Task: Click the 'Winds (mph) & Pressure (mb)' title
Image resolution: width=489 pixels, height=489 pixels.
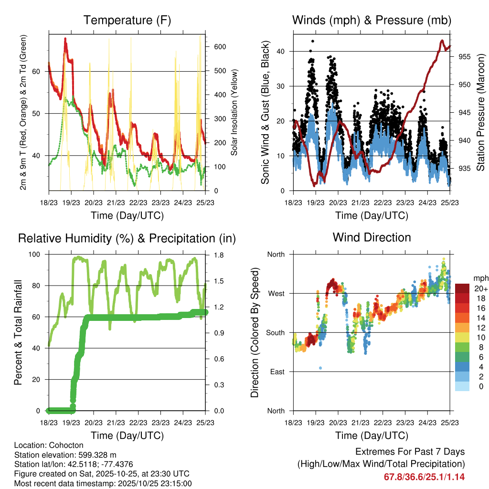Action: pos(372,20)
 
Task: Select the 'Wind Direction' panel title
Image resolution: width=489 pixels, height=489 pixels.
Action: pos(372,237)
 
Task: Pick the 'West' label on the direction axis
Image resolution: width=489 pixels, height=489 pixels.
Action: pos(276,294)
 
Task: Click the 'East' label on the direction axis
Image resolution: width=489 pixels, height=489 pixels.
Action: pos(276,372)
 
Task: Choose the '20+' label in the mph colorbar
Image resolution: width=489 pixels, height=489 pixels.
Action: pos(481,288)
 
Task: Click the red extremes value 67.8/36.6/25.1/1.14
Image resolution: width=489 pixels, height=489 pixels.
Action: pos(424,477)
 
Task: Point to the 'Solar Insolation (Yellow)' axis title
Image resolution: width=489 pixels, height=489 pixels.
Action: pos(234,113)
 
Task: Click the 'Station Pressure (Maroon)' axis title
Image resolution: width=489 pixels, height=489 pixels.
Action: pos(480,113)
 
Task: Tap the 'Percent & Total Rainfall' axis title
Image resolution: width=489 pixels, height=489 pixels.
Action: pos(18,332)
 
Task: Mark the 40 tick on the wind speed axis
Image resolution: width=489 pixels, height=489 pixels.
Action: pos(284,52)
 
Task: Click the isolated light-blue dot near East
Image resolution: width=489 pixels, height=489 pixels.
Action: pos(320,368)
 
